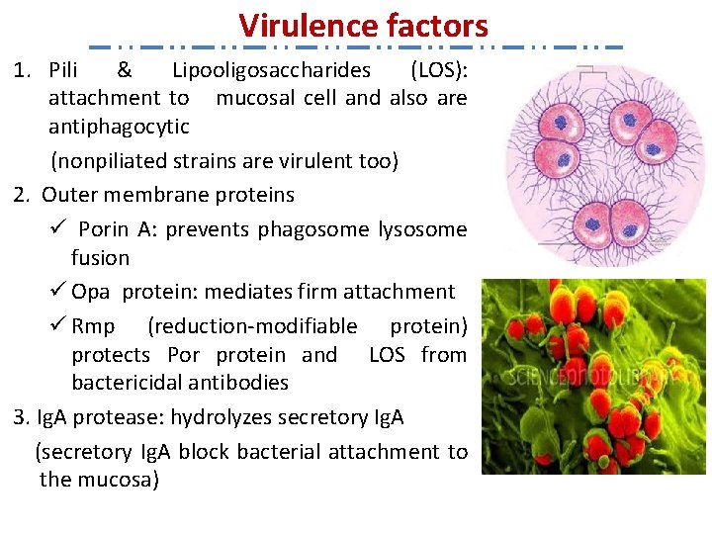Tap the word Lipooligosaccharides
tap(271, 70)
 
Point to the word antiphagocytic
tap(119, 127)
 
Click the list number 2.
tap(21, 195)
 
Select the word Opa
tap(91, 292)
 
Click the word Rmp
tap(93, 326)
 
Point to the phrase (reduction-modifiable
tap(252, 326)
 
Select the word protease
tap(116, 417)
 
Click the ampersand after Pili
tap(124, 70)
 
